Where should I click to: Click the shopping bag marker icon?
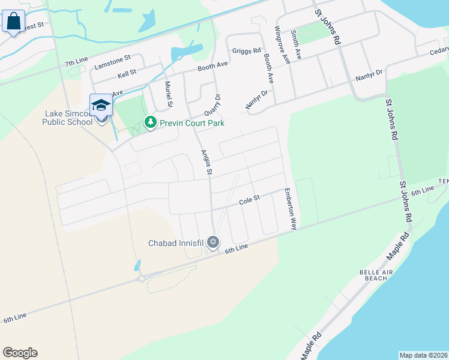(x=13, y=22)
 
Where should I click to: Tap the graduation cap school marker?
(x=101, y=105)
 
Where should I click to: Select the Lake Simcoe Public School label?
(x=67, y=117)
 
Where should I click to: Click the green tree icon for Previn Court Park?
(x=150, y=123)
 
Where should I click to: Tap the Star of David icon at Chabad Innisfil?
(x=212, y=243)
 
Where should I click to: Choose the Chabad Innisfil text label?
(x=176, y=243)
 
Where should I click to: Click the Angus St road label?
(x=206, y=163)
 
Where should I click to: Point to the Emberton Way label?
(x=291, y=209)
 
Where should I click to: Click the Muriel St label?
(x=169, y=94)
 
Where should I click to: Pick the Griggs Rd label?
(x=247, y=51)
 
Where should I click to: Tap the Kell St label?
(x=127, y=73)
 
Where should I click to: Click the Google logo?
(x=20, y=353)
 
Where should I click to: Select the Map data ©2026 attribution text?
(x=423, y=355)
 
